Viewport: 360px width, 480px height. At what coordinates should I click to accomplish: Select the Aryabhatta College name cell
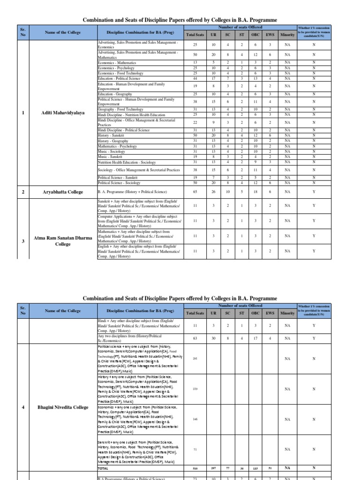coord(62,192)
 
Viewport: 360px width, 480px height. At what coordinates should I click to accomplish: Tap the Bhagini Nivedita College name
coord(62,407)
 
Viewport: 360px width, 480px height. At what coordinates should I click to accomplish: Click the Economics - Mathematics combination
coord(117,63)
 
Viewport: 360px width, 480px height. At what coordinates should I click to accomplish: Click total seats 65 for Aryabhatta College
coord(195,192)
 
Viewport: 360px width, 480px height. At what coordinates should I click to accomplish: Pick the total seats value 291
coord(195,358)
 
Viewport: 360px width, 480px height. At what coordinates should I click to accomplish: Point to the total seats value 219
coord(195,389)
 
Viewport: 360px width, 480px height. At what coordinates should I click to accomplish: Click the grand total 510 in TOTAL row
coord(195,468)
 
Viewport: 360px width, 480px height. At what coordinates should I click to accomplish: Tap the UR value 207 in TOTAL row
coord(213,468)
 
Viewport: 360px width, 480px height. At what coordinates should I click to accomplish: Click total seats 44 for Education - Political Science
coord(195,78)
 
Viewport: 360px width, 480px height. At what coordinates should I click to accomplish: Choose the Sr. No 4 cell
coord(23,407)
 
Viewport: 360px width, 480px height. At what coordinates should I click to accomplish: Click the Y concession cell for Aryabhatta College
coord(314,192)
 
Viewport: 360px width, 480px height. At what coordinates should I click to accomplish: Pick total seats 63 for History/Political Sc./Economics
coord(195,337)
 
